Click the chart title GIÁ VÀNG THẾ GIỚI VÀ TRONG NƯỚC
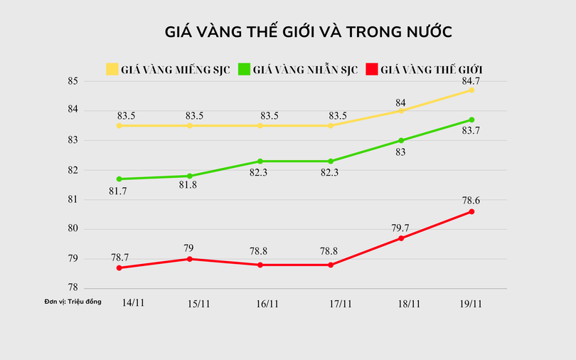[309, 32]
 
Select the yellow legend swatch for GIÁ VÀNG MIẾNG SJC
[112, 69]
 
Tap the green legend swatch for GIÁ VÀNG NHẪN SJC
[244, 69]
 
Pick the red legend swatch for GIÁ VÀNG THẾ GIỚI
[371, 69]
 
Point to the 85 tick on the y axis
[73, 80]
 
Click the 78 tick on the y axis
[73, 288]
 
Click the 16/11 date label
[267, 303]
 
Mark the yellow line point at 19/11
[471, 90]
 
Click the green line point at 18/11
[401, 140]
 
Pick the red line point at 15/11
[190, 259]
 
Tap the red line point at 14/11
[119, 268]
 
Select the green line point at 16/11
[260, 162]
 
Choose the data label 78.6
[471, 201]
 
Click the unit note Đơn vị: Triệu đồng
[73, 302]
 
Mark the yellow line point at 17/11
[331, 125]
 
